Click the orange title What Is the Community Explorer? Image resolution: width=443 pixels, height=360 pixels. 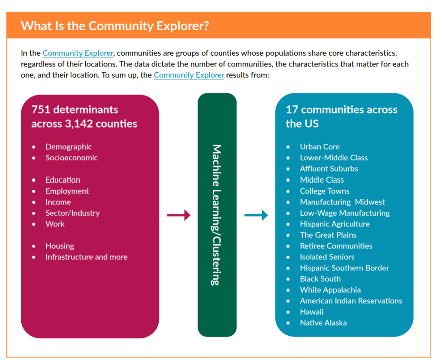pos(115,25)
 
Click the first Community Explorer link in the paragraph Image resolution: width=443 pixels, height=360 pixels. pos(78,53)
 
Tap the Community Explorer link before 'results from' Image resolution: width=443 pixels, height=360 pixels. pos(189,75)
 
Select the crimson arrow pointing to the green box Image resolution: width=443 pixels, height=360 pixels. pos(179,215)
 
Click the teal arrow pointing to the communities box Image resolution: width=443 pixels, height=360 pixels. pos(256,215)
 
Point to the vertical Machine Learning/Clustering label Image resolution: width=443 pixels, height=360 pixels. pos(216,215)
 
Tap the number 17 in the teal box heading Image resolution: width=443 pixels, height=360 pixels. pos(292,109)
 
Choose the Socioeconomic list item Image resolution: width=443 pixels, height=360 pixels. pos(72,158)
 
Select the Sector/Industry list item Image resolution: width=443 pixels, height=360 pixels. pos(73,213)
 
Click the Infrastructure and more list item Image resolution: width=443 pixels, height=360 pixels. pos(87,257)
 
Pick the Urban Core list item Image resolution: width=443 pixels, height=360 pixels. pos(320,147)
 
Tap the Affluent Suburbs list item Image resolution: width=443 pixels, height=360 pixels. pos(329,169)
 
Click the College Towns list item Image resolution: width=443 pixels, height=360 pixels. pos(324,191)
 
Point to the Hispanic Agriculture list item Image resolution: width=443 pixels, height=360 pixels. pos(335,224)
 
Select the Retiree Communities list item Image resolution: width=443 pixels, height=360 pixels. pos(336,246)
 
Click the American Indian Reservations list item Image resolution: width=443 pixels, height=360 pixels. pos(351,301)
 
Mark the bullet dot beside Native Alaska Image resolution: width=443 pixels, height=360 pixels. pos(288,323)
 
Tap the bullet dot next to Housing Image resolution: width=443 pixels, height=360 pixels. pos(34,246)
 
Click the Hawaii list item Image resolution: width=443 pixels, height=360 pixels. pos(311,312)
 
